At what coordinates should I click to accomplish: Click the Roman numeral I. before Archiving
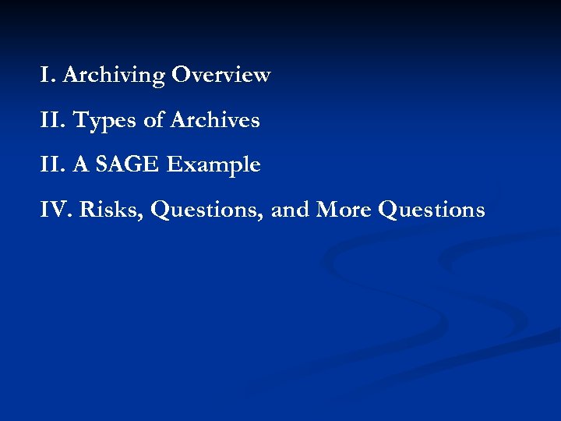pyautogui.click(x=48, y=76)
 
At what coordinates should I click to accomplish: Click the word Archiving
pyautogui.click(x=114, y=76)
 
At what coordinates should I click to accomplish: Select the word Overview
pyautogui.click(x=221, y=76)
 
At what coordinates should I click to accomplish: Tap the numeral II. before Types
pyautogui.click(x=54, y=121)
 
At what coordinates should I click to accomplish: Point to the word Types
pyautogui.click(x=104, y=122)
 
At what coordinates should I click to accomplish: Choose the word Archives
pyautogui.click(x=215, y=121)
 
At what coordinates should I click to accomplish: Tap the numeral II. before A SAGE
pyautogui.click(x=54, y=165)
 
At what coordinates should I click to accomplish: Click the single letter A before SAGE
pyautogui.click(x=81, y=165)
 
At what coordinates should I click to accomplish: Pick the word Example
pyautogui.click(x=213, y=166)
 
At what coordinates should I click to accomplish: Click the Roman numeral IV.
pyautogui.click(x=57, y=210)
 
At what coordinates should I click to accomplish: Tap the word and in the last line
pyautogui.click(x=291, y=210)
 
